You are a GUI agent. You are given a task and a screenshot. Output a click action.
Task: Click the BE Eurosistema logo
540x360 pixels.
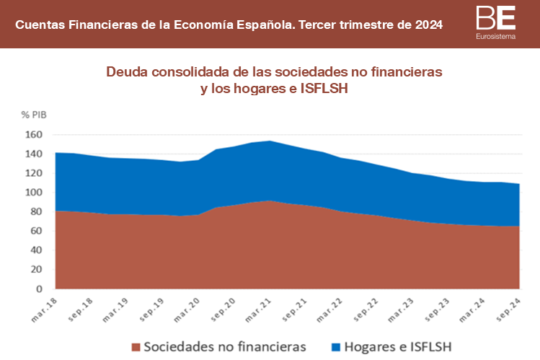click(x=496, y=22)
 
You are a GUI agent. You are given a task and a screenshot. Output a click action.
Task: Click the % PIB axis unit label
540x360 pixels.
click(x=33, y=114)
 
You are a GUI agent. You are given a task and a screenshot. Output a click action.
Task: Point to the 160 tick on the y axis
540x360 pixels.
click(x=35, y=135)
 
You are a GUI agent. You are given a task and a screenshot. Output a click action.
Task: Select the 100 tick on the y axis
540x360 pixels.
click(x=35, y=193)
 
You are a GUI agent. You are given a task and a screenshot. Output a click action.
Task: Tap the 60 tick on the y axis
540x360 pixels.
click(x=37, y=232)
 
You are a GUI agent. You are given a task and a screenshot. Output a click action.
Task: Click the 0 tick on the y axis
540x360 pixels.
click(x=40, y=289)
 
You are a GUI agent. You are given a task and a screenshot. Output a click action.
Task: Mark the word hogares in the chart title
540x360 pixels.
click(x=249, y=89)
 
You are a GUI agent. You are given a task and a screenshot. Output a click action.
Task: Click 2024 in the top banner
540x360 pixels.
click(x=429, y=25)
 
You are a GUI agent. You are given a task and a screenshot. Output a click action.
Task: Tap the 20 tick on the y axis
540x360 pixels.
click(x=37, y=270)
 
